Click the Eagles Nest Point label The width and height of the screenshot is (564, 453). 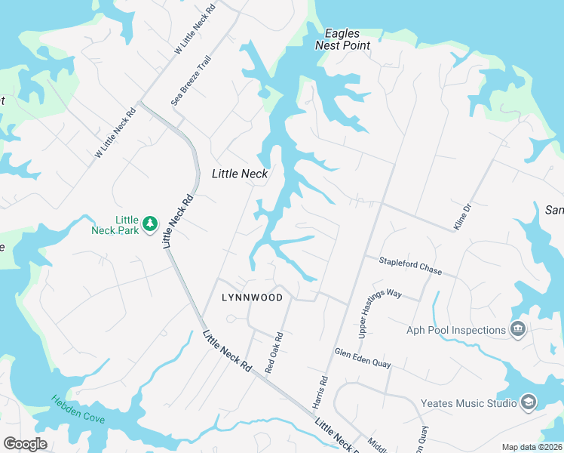point(347,39)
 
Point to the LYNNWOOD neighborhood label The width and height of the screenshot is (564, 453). point(253,297)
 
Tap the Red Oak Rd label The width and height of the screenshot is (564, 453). point(274,353)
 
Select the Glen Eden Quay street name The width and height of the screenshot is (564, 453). point(363,358)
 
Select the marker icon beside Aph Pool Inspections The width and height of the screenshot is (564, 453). point(518,329)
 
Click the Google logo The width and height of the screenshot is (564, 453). point(25,443)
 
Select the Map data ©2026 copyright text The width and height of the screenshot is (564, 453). point(531,447)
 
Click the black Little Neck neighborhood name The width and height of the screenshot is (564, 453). point(240,174)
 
